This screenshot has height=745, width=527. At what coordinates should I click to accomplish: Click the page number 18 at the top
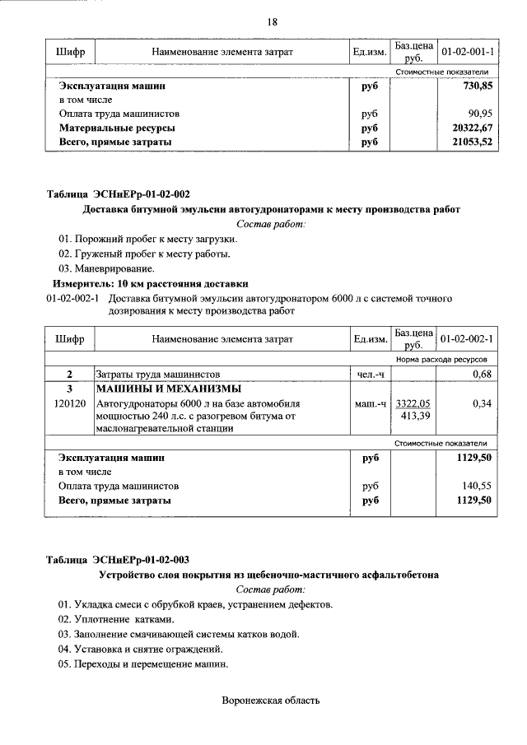pyautogui.click(x=272, y=21)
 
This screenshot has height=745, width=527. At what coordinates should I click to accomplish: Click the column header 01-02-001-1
pyautogui.click(x=467, y=52)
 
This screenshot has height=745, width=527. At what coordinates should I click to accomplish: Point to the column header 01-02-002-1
pyautogui.click(x=467, y=338)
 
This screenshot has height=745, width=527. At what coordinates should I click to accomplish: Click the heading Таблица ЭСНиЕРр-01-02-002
pyautogui.click(x=118, y=194)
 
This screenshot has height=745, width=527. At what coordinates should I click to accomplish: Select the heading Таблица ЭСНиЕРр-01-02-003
pyautogui.click(x=118, y=560)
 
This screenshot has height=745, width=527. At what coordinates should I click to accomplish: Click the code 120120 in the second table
pyautogui.click(x=70, y=404)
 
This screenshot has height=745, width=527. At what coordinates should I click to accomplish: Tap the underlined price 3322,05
pyautogui.click(x=413, y=404)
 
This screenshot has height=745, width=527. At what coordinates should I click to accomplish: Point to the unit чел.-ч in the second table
pyautogui.click(x=370, y=375)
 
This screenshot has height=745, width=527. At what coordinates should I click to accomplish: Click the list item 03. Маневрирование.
pyautogui.click(x=106, y=268)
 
